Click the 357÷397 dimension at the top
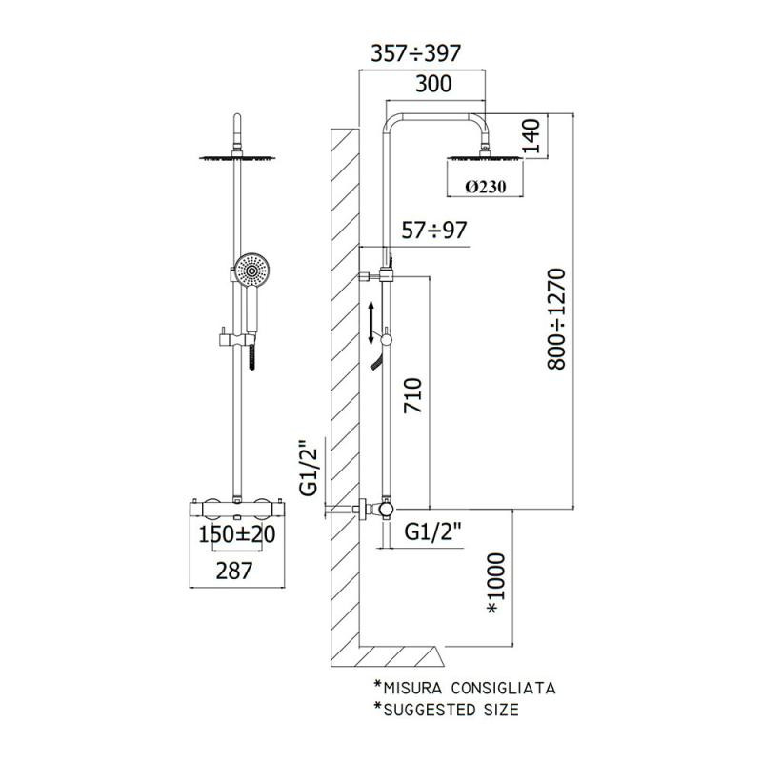[415, 53]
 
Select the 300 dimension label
[433, 84]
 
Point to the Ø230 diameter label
[485, 187]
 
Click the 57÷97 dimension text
[434, 231]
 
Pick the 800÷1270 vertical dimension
[557, 319]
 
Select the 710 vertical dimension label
[413, 395]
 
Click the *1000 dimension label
[496, 583]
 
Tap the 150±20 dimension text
[237, 534]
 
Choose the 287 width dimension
[234, 571]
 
